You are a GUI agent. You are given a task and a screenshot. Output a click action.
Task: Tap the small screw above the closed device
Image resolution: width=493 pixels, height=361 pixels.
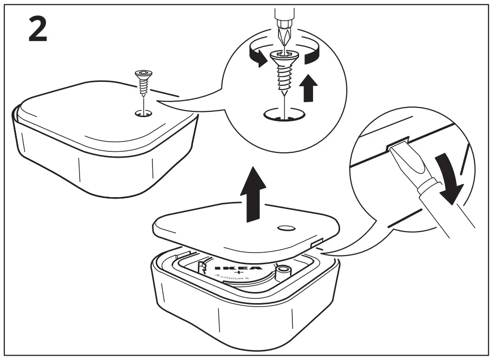(x=143, y=81)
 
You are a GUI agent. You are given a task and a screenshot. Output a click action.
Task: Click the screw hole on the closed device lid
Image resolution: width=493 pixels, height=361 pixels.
(x=143, y=114)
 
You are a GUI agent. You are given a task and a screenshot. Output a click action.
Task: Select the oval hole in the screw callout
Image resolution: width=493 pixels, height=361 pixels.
(x=285, y=115)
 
